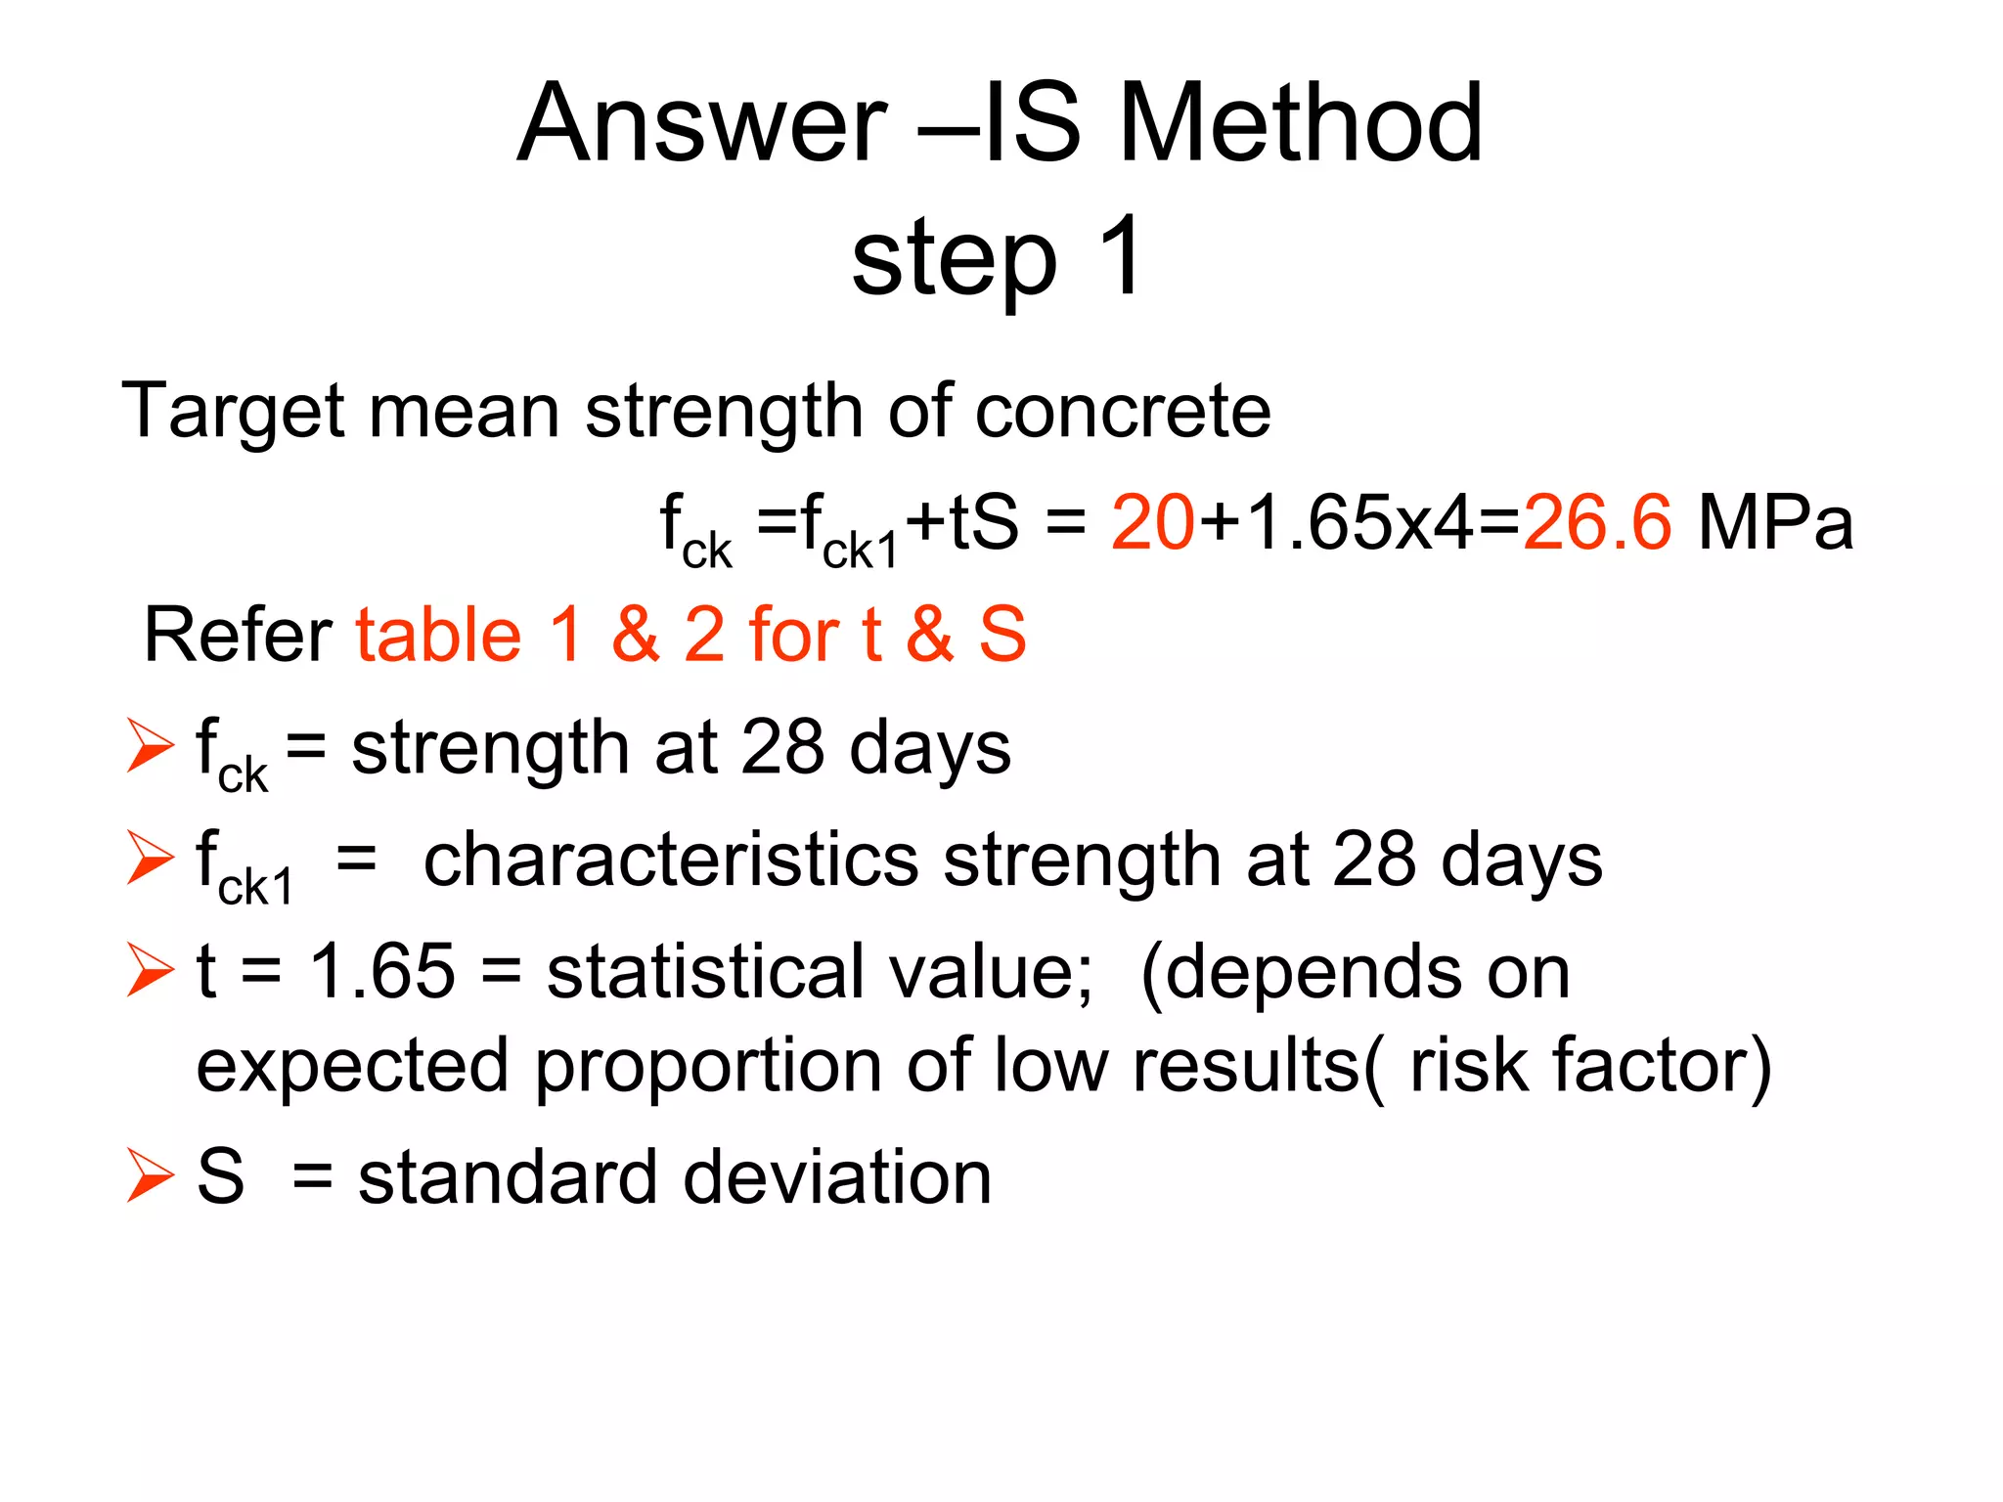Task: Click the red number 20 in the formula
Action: (1152, 523)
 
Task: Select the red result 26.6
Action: (1596, 523)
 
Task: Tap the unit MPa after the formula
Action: (1775, 523)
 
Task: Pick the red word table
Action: (438, 636)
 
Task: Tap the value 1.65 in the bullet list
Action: (382, 972)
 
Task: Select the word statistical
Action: (704, 972)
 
